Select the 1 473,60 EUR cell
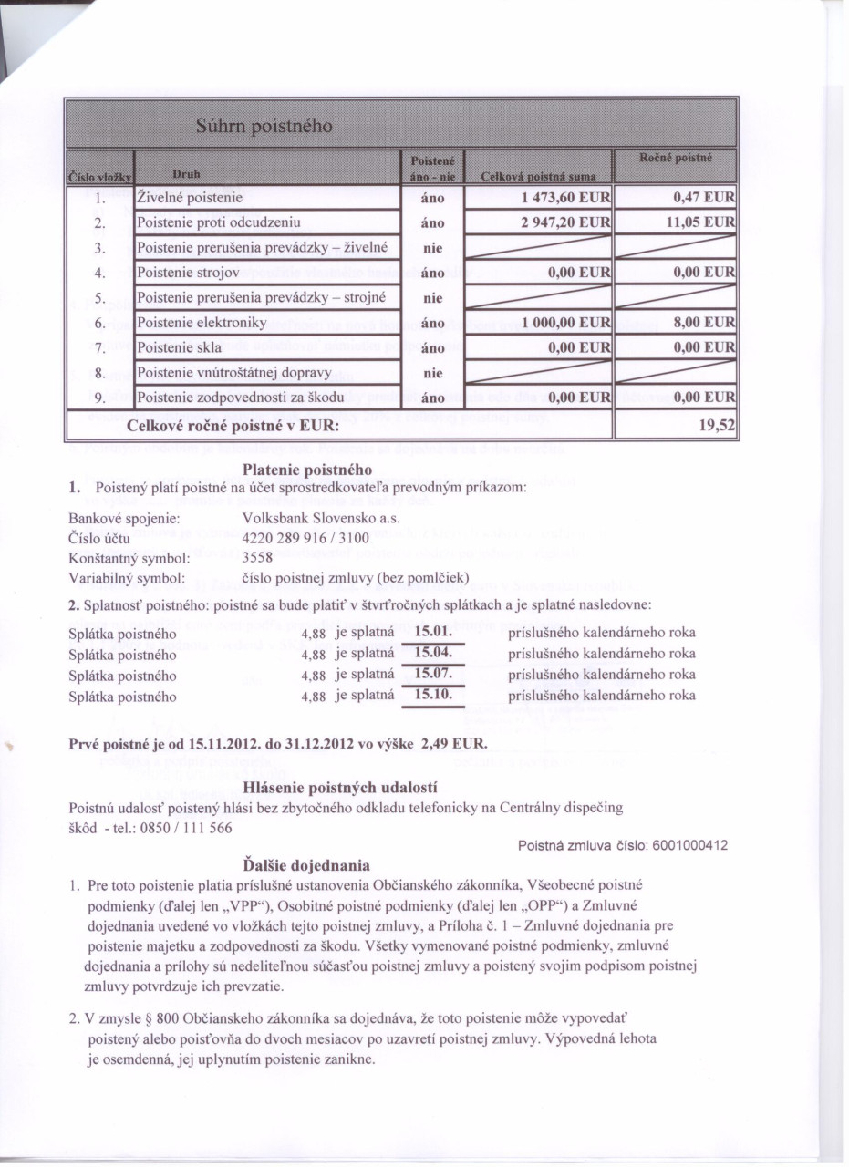566,197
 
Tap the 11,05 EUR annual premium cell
703,221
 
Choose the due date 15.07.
435,675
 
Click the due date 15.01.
435,632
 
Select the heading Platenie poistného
307,470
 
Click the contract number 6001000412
691,845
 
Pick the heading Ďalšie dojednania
307,863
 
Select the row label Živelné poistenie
190,196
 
